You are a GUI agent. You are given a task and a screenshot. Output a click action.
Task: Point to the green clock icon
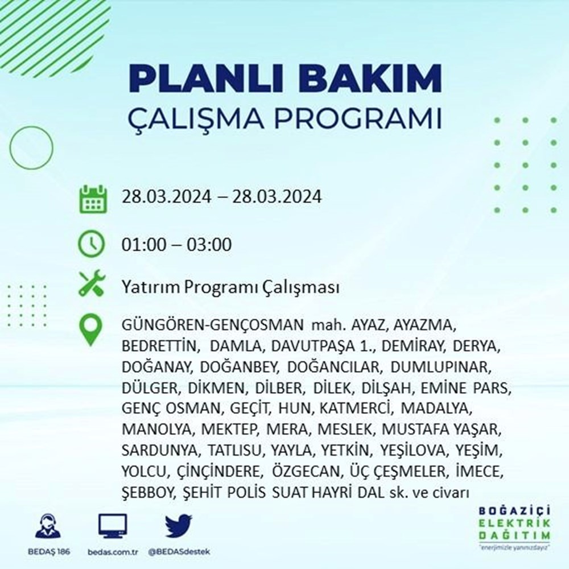pyautogui.click(x=92, y=245)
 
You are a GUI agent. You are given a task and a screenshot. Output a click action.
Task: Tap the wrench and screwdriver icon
pyautogui.click(x=92, y=286)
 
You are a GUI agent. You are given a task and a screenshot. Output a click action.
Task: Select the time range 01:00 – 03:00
pyautogui.click(x=176, y=246)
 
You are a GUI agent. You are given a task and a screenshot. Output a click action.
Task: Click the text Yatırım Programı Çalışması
pyautogui.click(x=230, y=288)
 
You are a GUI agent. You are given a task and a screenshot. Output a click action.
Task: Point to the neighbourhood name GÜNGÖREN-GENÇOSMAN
pyautogui.click(x=212, y=326)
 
